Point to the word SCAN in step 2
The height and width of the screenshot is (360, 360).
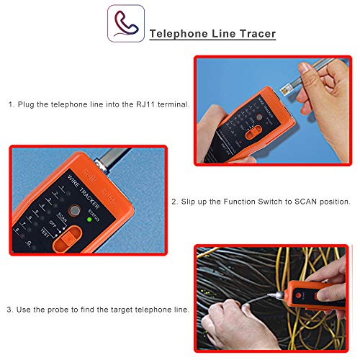point(287,204)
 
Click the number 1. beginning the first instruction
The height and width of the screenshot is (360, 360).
point(12,104)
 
